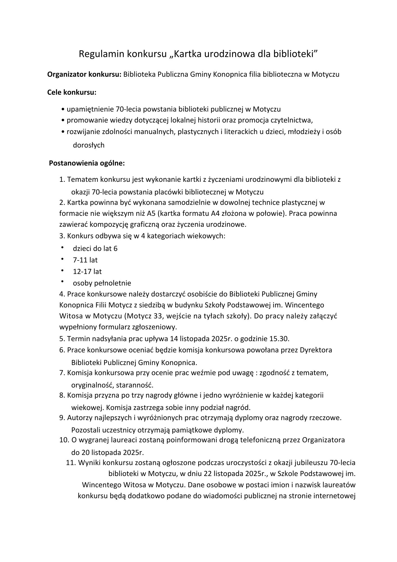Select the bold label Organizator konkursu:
pyautogui.click(x=84, y=74)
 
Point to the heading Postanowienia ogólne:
pyautogui.click(x=87, y=163)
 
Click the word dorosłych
pyautogui.click(x=88, y=145)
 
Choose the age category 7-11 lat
pyautogui.click(x=85, y=260)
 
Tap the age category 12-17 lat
pyautogui.click(x=87, y=272)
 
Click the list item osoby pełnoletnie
pyautogui.click(x=102, y=283)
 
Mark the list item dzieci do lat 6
pyautogui.click(x=95, y=249)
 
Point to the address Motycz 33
pyautogui.click(x=144, y=316)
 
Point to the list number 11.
pyautogui.click(x=71, y=463)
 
